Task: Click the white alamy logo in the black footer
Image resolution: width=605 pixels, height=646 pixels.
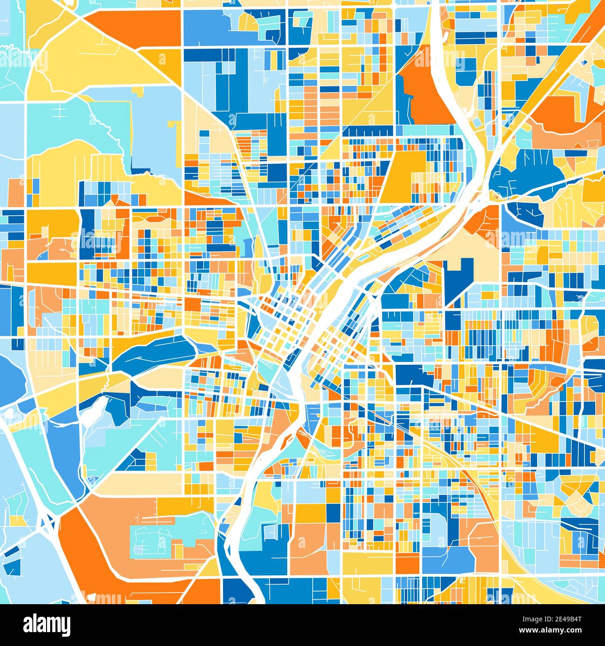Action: point(47,624)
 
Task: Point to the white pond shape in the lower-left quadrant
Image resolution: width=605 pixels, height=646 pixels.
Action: point(95,409)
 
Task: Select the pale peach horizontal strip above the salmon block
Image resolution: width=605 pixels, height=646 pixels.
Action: point(140,483)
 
